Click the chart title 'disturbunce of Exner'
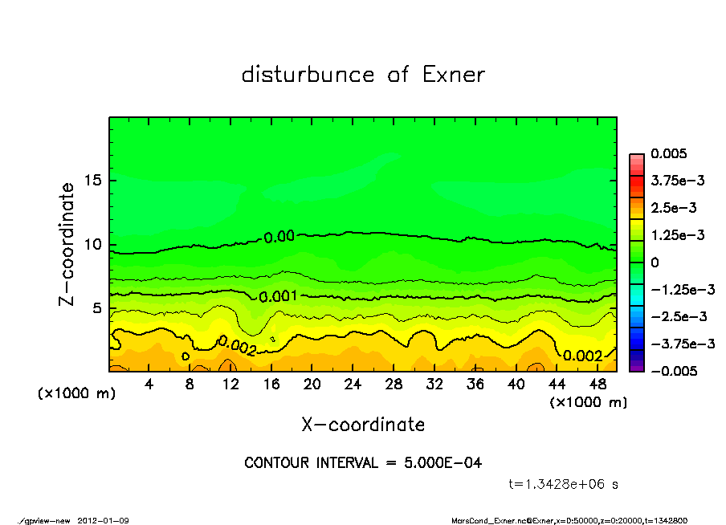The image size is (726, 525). coord(363,75)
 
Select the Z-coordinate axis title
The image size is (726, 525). coord(67,244)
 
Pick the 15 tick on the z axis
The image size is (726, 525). coord(92,180)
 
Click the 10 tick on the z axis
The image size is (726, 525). coord(92,244)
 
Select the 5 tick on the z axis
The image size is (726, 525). coord(96,308)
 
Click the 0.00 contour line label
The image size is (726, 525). coord(279,236)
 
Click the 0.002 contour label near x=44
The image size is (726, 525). coord(582,356)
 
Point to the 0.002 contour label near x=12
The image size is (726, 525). coord(237,346)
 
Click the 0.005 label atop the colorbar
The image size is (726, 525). coord(671,153)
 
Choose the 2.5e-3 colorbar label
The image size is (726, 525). coord(673,208)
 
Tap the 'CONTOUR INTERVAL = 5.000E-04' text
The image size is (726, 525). coord(363,463)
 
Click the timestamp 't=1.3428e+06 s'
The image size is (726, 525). coord(563,484)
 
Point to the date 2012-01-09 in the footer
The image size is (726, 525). coord(103,520)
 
